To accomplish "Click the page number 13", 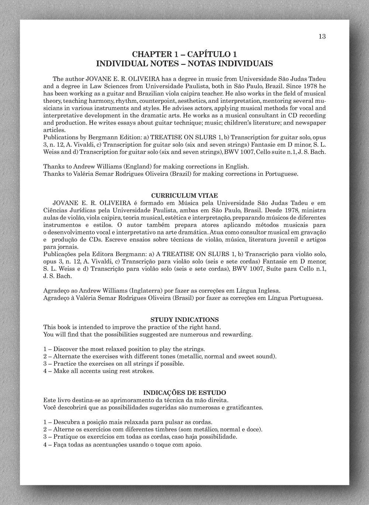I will (322, 36).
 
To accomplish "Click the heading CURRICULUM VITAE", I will (184, 195).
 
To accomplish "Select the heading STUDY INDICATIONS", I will (184, 320).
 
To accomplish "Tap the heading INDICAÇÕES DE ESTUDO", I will (184, 393).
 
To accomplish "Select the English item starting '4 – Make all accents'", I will (99, 371).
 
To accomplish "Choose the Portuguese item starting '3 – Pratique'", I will (140, 437).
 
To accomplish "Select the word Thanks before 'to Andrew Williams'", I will (53, 166).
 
